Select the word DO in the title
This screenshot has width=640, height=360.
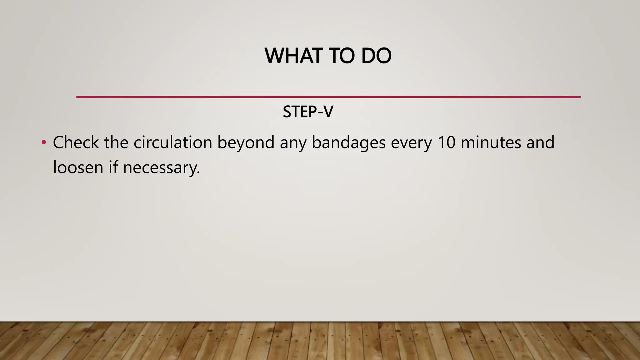376,56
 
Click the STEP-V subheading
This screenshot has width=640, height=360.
308,112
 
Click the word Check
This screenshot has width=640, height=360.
76,142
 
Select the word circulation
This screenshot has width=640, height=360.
173,142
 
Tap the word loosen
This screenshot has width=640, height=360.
78,167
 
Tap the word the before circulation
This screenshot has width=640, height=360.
116,142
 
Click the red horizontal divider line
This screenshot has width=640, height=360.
328,97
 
